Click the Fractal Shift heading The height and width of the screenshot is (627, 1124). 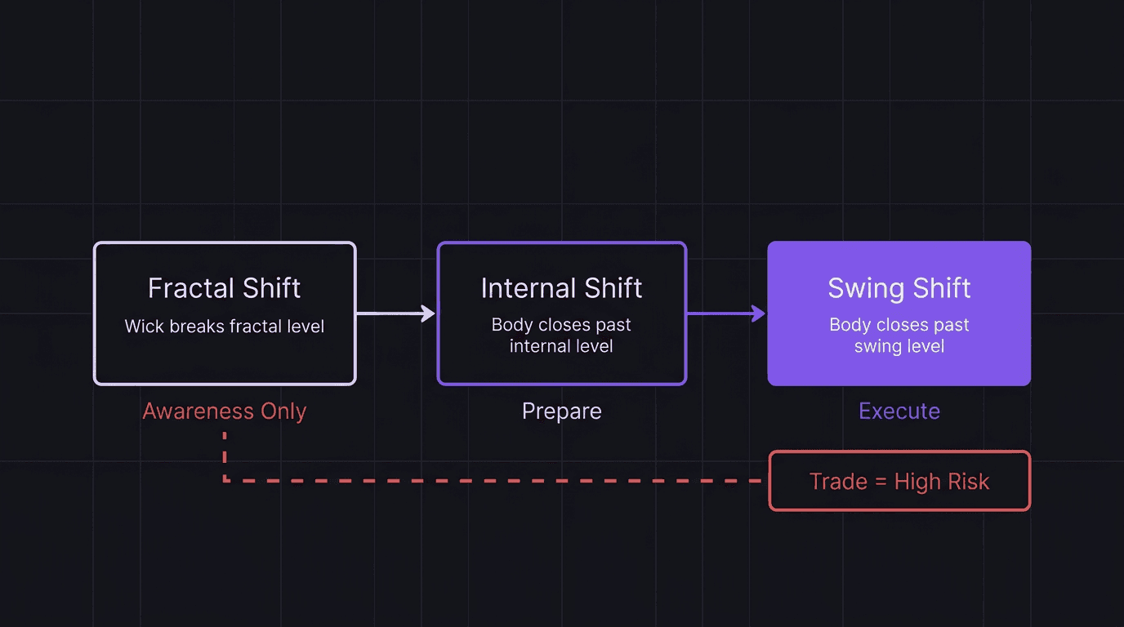pos(224,288)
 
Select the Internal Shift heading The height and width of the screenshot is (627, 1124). pos(561,288)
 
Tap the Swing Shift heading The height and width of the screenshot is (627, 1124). pos(899,288)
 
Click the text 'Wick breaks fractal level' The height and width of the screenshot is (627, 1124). pos(225,327)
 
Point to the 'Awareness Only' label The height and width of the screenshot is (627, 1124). pos(225,411)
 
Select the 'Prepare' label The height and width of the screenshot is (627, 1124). pos(561,411)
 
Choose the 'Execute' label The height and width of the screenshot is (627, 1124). pos(899,411)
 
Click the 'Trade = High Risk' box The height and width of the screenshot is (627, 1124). pos(899,482)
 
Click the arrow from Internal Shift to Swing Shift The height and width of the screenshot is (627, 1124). pos(726,313)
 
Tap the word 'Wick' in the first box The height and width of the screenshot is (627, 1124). pos(142,327)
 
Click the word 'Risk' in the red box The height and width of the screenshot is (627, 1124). pos(968,482)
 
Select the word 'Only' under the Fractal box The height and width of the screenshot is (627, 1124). pos(283,411)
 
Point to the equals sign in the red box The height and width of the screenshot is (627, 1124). pos(880,482)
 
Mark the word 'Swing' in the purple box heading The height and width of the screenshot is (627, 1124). pos(860,288)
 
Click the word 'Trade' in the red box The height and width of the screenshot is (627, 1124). pos(838,482)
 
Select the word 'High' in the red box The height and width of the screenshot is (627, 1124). pos(917,482)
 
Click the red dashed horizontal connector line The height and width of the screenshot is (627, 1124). pos(490,481)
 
